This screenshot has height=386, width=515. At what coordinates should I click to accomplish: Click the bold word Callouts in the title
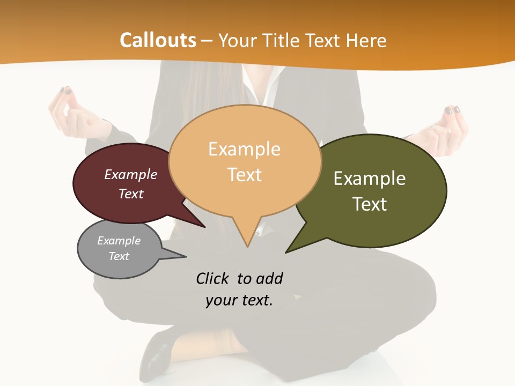[x=158, y=40]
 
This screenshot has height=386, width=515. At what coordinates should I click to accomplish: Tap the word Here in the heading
[x=366, y=40]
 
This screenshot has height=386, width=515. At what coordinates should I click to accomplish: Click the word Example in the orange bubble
[x=244, y=149]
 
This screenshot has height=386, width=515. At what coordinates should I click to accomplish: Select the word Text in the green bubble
[x=370, y=204]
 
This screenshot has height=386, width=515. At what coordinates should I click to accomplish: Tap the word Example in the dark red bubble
[x=131, y=174]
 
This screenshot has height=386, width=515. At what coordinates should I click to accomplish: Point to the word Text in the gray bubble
[x=119, y=256]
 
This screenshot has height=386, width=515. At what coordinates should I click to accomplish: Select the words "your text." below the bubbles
[x=239, y=300]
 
